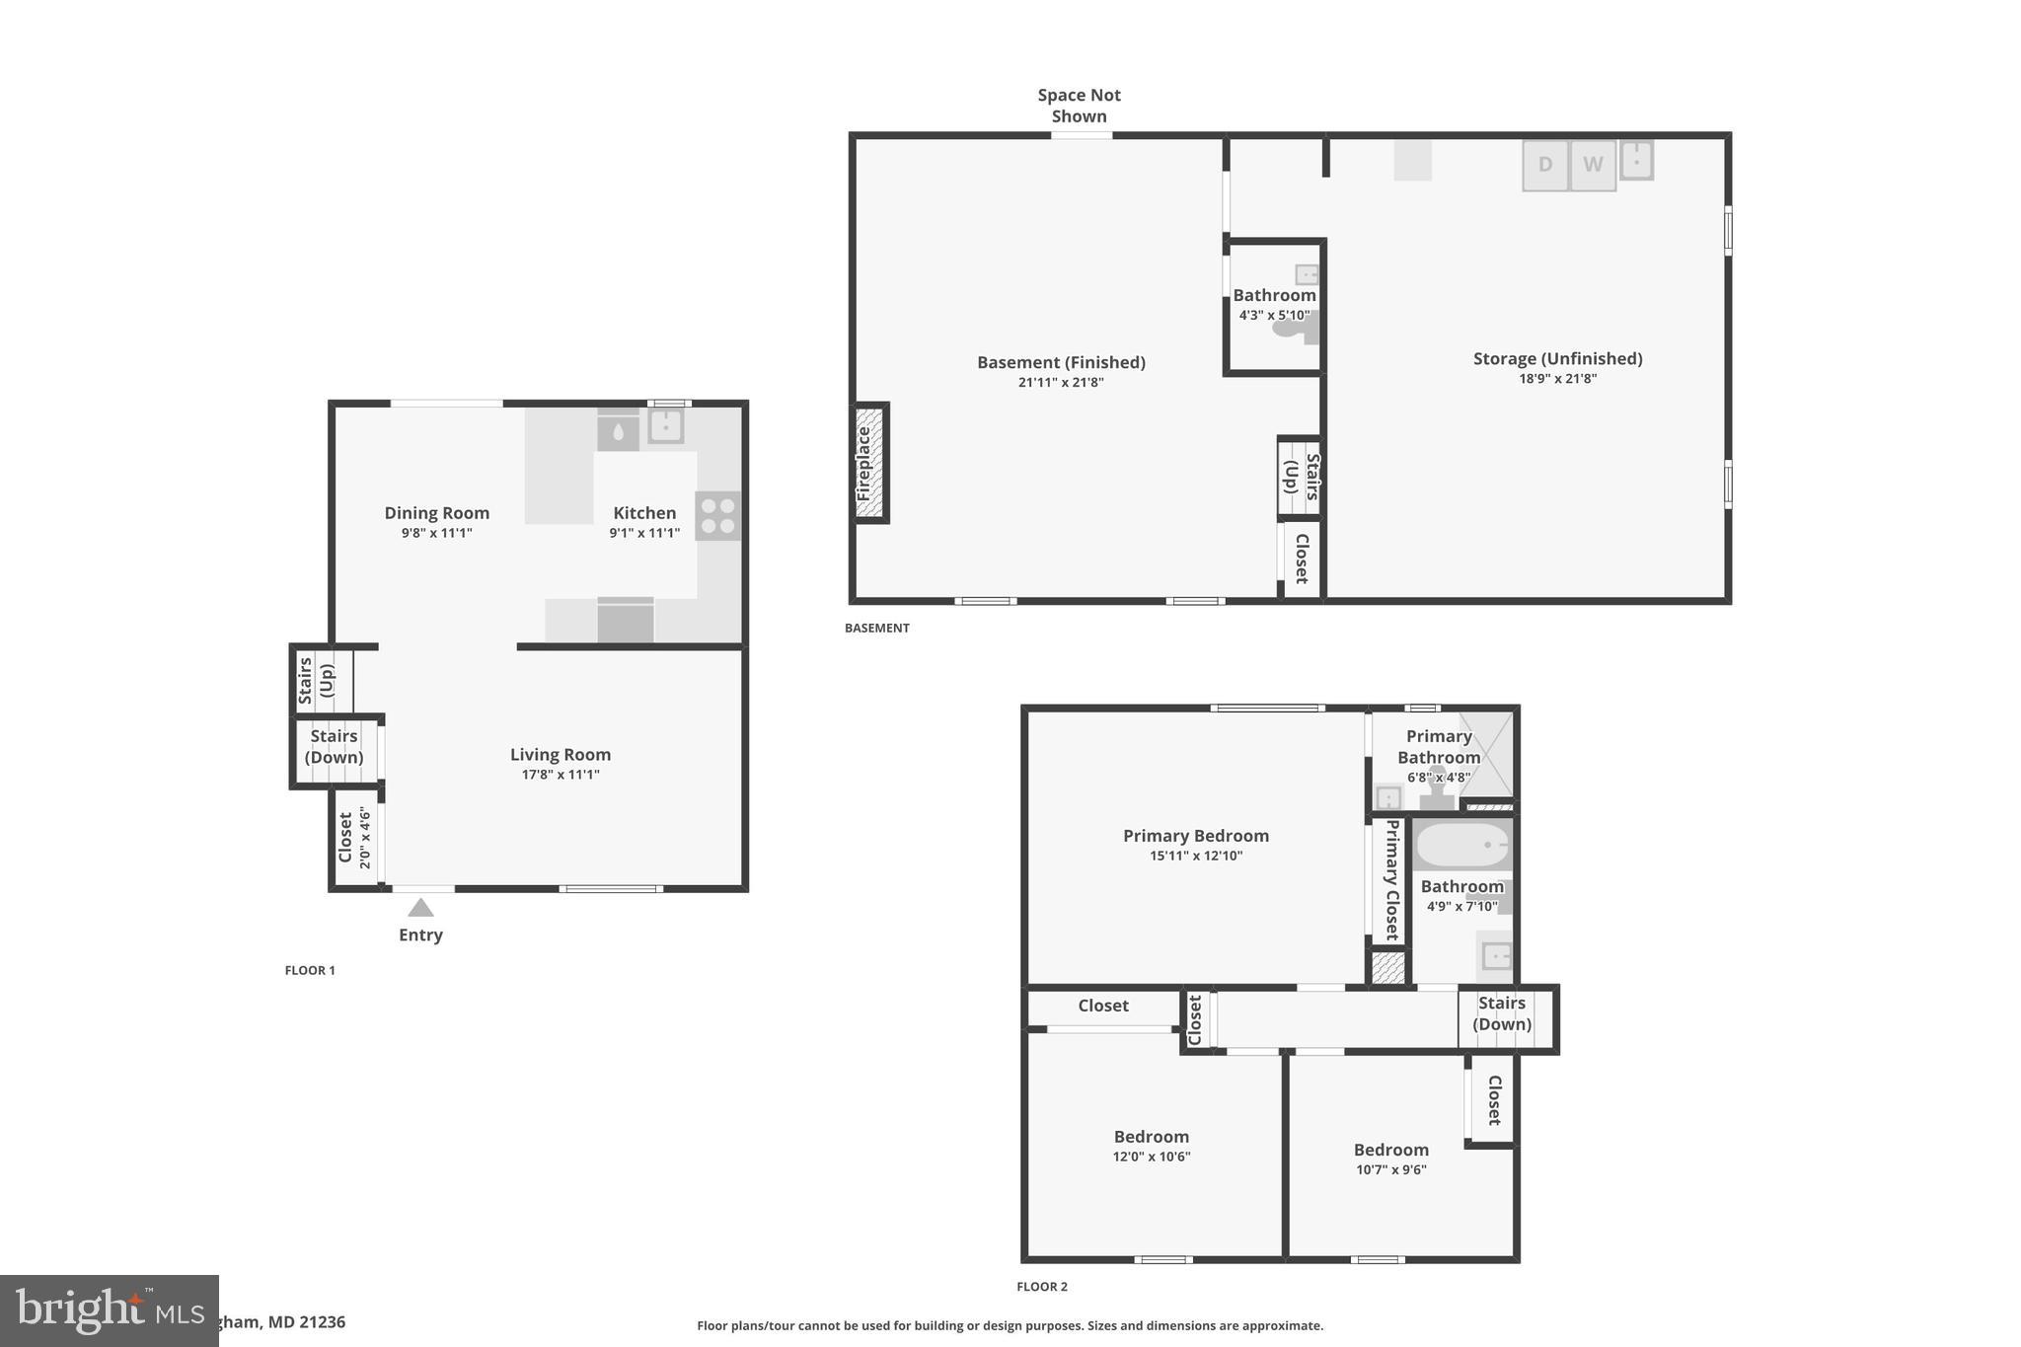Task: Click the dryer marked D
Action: click(1544, 165)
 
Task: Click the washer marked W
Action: click(1593, 165)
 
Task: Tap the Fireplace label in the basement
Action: click(864, 463)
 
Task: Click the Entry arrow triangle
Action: click(420, 908)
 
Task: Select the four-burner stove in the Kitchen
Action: click(717, 515)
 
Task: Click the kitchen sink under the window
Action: click(666, 426)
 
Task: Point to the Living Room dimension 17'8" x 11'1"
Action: click(561, 775)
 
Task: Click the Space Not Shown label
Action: click(1079, 106)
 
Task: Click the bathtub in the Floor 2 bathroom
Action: click(1461, 846)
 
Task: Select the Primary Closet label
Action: click(1391, 878)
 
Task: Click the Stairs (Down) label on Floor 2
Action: click(1502, 1013)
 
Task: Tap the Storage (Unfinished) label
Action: click(1557, 358)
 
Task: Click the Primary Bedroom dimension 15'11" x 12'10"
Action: click(1196, 856)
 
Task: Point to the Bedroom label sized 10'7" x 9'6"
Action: click(1390, 1150)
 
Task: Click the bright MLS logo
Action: click(109, 1310)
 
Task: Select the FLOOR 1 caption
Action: click(310, 970)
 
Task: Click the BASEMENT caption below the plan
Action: click(876, 628)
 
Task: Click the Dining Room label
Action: click(436, 512)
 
